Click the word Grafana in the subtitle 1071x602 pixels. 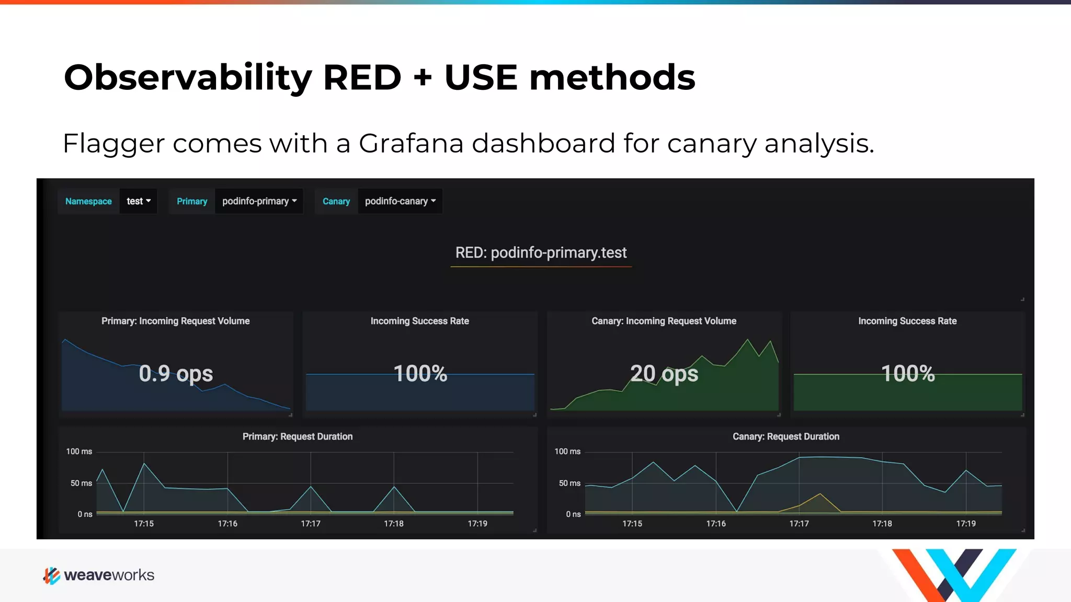411,143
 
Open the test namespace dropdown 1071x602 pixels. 139,201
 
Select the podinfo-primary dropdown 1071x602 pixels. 259,201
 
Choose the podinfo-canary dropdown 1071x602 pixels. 400,201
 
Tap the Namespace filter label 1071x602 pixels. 88,201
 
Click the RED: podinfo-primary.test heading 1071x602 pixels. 541,253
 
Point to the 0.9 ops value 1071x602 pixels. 176,374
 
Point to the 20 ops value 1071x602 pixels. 664,374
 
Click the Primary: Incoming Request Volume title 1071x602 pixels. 176,321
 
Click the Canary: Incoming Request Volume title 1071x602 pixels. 664,321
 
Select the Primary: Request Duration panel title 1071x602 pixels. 298,436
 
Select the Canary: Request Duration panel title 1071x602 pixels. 785,436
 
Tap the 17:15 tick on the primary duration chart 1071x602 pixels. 144,524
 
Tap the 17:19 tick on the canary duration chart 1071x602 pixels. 966,524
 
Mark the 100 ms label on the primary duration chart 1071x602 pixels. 79,451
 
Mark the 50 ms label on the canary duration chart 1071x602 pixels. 569,483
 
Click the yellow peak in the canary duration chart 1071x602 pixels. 820,494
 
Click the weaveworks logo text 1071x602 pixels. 109,575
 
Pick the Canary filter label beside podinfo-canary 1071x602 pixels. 336,201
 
